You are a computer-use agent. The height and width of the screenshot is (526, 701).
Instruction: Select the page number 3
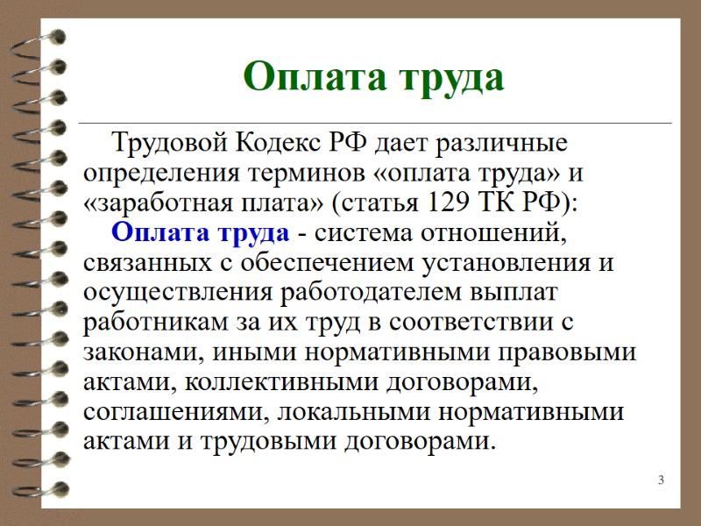pyautogui.click(x=661, y=480)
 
